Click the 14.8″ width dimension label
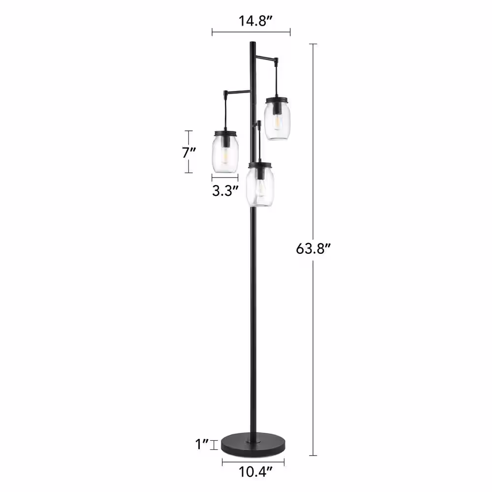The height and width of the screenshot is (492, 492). [x=255, y=21]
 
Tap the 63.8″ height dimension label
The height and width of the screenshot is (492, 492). [x=313, y=249]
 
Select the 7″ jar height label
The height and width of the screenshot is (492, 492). [x=189, y=153]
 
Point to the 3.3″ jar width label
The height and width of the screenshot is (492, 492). [x=225, y=190]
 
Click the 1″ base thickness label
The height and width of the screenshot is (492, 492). [x=202, y=444]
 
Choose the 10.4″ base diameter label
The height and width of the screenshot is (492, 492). [x=255, y=472]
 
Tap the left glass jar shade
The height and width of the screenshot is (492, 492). [x=225, y=152]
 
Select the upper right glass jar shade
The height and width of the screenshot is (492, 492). [x=277, y=118]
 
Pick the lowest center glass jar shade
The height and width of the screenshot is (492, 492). [x=259, y=184]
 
